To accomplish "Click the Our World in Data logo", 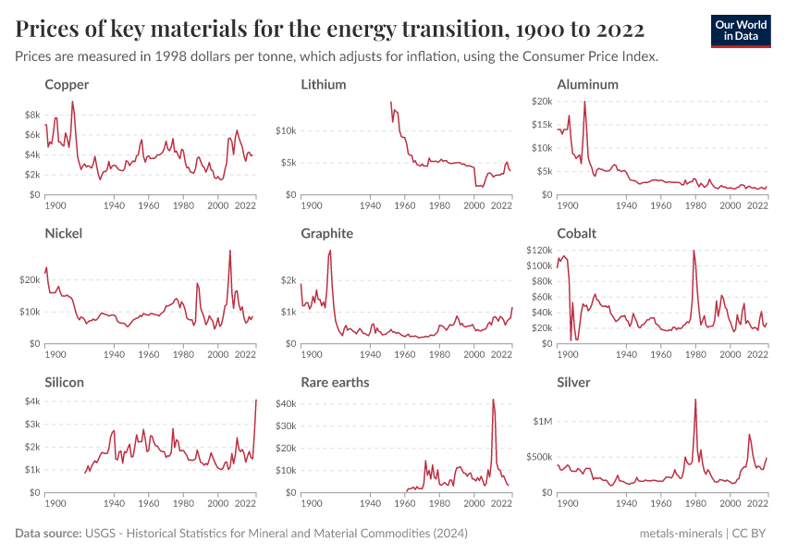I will [740, 31].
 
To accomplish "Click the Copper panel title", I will [67, 84].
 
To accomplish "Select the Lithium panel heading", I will [324, 84].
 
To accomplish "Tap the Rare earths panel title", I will [335, 382].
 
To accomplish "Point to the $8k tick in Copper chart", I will [31, 115].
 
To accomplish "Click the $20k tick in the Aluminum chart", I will [540, 101].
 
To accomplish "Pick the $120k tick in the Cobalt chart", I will [537, 250].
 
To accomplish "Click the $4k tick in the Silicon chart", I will [31, 401].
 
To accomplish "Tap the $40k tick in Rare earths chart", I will [284, 403].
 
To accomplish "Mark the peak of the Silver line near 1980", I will [694, 400].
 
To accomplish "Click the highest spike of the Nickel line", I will [230, 251].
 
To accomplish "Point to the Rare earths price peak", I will [493, 400].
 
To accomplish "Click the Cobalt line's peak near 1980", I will [694, 251].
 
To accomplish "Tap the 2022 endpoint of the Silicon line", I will [256, 400].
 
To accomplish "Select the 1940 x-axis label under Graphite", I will [370, 354].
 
